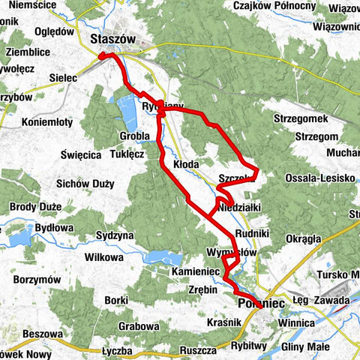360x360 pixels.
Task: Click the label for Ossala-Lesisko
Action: click(x=318, y=178)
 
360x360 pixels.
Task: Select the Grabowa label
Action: click(x=139, y=327)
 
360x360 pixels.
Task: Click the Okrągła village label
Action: click(x=302, y=239)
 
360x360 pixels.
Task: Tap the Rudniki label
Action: click(x=252, y=232)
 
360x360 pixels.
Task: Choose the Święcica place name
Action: click(x=82, y=155)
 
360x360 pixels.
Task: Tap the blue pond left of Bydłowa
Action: click(x=16, y=238)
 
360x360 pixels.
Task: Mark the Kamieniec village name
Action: click(x=194, y=270)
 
